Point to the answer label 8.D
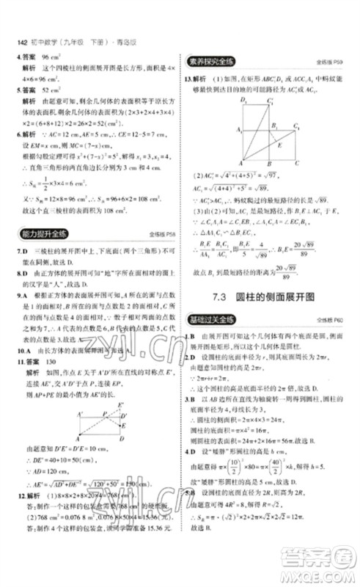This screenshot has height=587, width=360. pyautogui.click(x=23, y=269)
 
